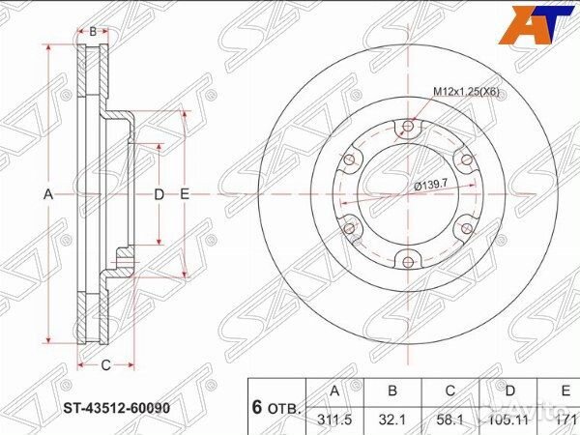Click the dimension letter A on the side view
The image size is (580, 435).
[x=47, y=194]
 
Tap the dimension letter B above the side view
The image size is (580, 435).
[x=93, y=31]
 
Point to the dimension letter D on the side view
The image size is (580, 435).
[x=159, y=194]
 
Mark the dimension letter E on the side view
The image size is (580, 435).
[x=184, y=194]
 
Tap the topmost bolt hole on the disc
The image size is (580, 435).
[x=410, y=125]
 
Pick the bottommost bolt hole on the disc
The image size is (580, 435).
[x=406, y=260]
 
